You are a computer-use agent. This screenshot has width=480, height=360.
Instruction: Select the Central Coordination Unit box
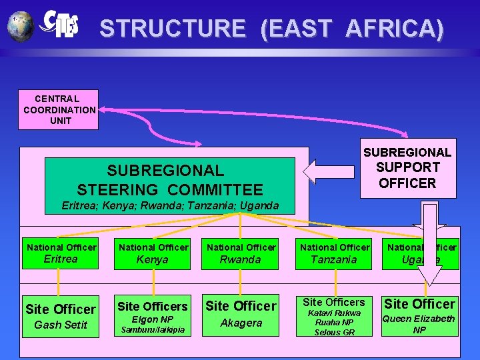click(x=59, y=109)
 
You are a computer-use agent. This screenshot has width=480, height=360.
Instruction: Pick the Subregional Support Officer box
click(x=407, y=168)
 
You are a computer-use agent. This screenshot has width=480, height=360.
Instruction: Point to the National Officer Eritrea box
click(x=61, y=253)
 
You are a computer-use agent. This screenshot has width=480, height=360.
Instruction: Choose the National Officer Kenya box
click(x=151, y=253)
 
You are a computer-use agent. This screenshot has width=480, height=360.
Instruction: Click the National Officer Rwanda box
click(x=241, y=253)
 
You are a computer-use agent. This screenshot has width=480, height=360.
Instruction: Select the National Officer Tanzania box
click(x=334, y=253)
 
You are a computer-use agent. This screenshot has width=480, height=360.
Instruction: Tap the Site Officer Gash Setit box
click(x=60, y=316)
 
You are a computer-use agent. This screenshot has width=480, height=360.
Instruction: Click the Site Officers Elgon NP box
click(x=153, y=316)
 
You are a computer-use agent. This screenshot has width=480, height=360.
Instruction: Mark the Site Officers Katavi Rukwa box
click(x=334, y=316)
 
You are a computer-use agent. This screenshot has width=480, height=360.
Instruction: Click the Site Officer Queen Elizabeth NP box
click(x=419, y=315)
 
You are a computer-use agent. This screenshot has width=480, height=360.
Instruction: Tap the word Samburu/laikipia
click(x=153, y=330)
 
